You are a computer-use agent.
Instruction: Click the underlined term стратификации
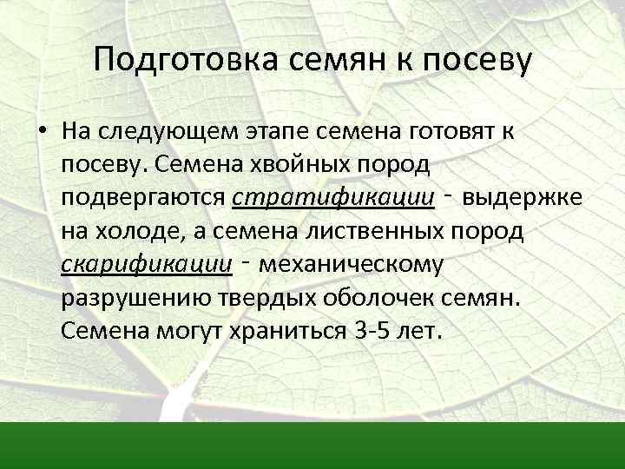pos(333,199)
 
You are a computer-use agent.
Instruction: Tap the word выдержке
pos(522,198)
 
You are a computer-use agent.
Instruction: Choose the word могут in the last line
pos(189,332)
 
